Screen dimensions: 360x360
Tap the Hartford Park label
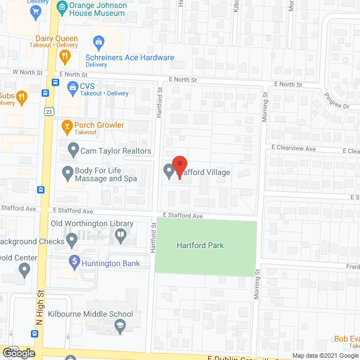[x=200, y=245]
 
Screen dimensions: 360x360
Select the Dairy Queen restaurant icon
[x=65, y=56]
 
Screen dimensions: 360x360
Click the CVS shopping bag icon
[x=72, y=87]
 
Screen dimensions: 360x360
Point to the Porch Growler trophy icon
[x=66, y=126]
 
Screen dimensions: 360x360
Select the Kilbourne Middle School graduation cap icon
[x=120, y=325]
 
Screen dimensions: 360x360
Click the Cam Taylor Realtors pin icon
[x=73, y=150]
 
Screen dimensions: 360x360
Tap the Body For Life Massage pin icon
[x=67, y=172]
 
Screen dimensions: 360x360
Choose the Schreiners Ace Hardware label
[x=129, y=57]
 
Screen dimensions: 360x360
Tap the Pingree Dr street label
[x=336, y=102]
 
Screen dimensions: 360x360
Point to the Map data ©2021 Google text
[x=326, y=355]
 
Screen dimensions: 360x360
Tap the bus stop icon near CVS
[x=55, y=82]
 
